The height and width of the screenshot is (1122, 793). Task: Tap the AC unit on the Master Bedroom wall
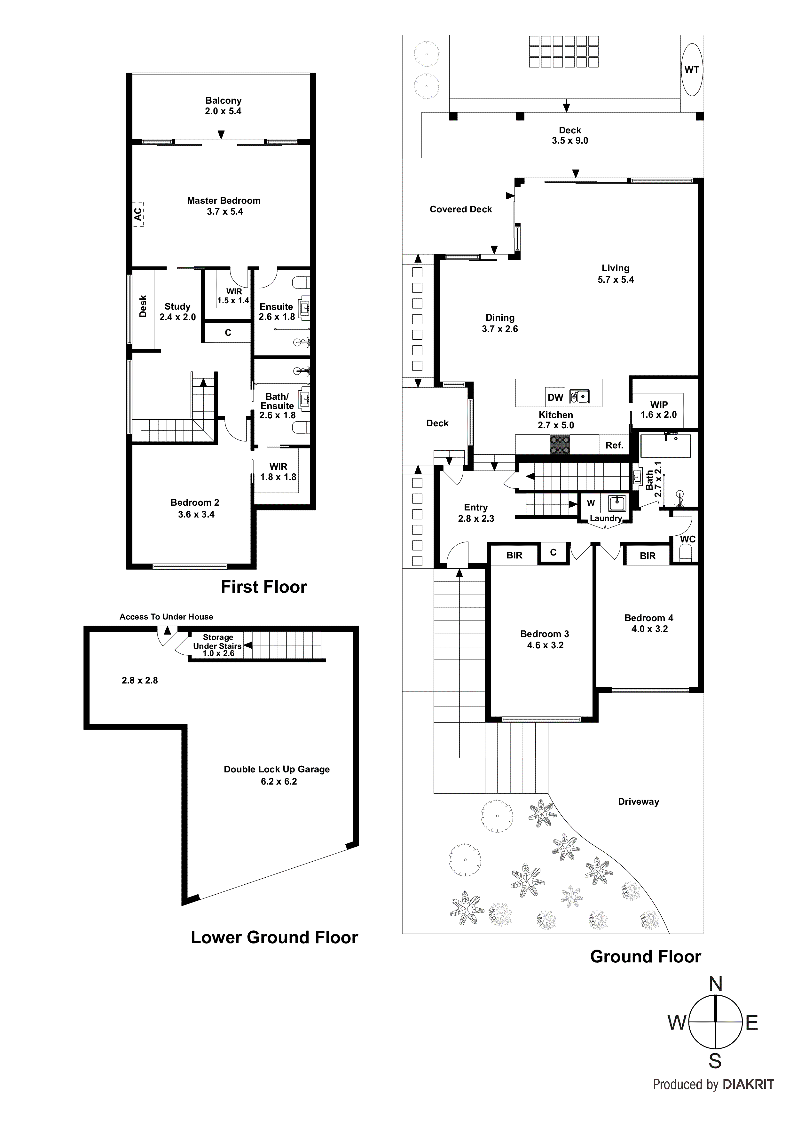[138, 214]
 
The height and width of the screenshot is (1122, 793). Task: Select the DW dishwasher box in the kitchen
[555, 397]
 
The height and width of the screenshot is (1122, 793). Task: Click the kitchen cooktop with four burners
[560, 444]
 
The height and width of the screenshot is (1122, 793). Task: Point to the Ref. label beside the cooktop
[614, 445]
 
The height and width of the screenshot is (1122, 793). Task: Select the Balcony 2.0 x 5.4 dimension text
[223, 111]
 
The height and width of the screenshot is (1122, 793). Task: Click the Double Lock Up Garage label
[277, 769]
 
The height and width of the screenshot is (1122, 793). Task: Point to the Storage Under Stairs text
[217, 642]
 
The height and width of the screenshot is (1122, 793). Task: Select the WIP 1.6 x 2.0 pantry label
[659, 409]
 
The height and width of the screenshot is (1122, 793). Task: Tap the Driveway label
[638, 802]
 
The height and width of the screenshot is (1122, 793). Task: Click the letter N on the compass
[715, 984]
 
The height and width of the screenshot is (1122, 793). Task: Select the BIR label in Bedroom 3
[514, 555]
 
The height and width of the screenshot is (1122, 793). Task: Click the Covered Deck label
[461, 209]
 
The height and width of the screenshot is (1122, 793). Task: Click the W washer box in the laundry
[591, 503]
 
